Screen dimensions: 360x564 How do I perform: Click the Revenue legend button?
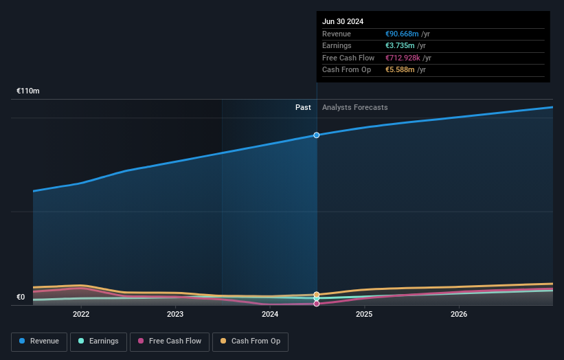click(39, 341)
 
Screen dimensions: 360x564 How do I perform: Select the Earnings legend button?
click(98, 341)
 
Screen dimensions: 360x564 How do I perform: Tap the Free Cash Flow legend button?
click(169, 341)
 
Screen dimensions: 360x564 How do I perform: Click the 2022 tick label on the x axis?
click(81, 315)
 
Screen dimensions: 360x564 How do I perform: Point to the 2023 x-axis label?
click(175, 315)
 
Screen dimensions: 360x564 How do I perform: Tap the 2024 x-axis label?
click(270, 315)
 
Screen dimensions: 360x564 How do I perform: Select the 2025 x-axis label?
click(364, 315)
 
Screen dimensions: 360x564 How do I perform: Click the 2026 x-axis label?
click(459, 315)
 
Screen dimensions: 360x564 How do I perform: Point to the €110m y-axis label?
click(28, 91)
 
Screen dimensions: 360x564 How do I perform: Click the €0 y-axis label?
click(21, 297)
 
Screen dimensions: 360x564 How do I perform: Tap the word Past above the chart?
click(303, 108)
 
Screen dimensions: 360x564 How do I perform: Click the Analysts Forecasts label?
click(354, 108)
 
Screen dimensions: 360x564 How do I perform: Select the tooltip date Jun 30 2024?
click(343, 21)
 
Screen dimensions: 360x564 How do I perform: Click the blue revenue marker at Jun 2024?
click(317, 135)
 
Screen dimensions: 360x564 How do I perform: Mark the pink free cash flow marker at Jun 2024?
click(317, 304)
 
